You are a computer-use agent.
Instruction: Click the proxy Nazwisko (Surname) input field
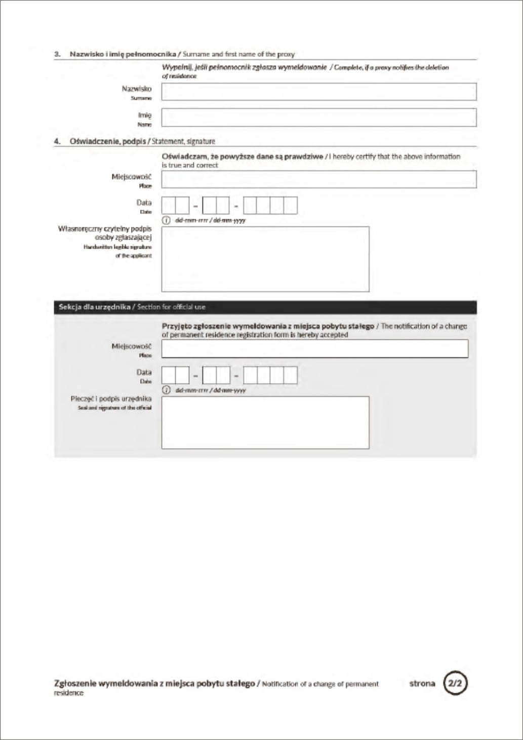318,92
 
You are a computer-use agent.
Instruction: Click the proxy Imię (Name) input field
318,117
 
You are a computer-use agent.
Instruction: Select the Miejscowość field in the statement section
318,179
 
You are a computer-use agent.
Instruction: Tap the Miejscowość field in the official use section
314,348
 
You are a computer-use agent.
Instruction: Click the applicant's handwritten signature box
265,259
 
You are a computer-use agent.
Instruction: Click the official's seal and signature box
265,422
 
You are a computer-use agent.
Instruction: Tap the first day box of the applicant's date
169,206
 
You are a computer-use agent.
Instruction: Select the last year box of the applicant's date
291,206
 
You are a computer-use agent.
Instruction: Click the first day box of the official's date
169,375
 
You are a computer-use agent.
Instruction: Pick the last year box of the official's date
291,375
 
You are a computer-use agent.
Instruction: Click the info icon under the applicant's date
166,220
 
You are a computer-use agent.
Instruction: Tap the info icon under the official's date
166,390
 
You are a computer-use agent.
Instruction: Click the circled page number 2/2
455,683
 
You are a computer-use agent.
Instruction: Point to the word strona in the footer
422,683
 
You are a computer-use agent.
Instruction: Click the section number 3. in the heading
57,54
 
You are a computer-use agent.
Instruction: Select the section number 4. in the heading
57,141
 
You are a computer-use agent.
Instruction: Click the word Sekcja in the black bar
69,307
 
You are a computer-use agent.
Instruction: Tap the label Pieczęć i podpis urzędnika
111,399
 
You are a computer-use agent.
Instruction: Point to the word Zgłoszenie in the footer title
74,683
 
